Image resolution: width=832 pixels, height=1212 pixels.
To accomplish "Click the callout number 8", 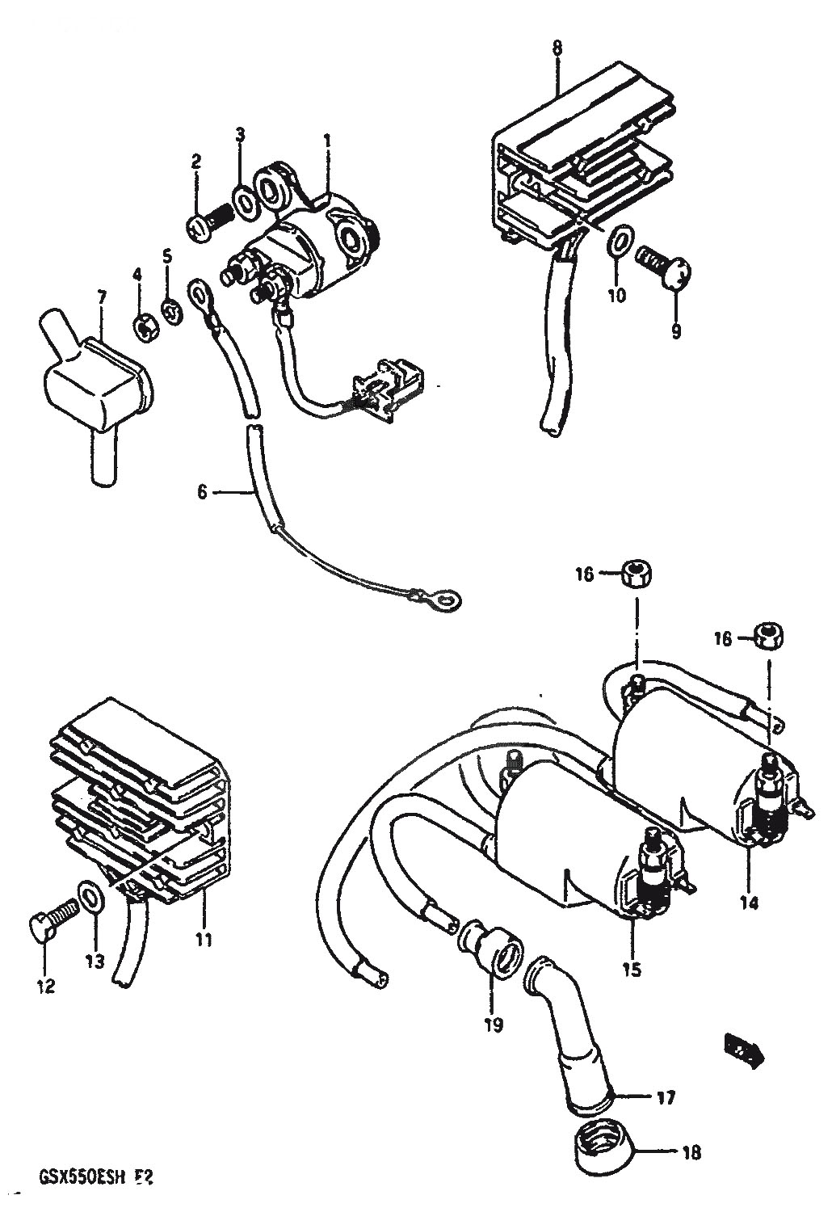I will tap(557, 48).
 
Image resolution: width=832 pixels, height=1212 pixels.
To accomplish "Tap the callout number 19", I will tap(493, 1025).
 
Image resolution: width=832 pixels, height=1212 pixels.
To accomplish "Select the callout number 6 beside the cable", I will tap(202, 491).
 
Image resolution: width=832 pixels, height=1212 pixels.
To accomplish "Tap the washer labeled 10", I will tap(619, 240).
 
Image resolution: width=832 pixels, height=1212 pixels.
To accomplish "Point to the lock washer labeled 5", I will tap(170, 311).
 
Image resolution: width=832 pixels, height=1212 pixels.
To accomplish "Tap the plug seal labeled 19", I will tap(491, 957).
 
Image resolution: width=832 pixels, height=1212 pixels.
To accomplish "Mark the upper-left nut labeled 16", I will tap(637, 575).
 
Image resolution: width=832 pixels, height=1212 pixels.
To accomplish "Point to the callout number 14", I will tap(749, 903).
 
